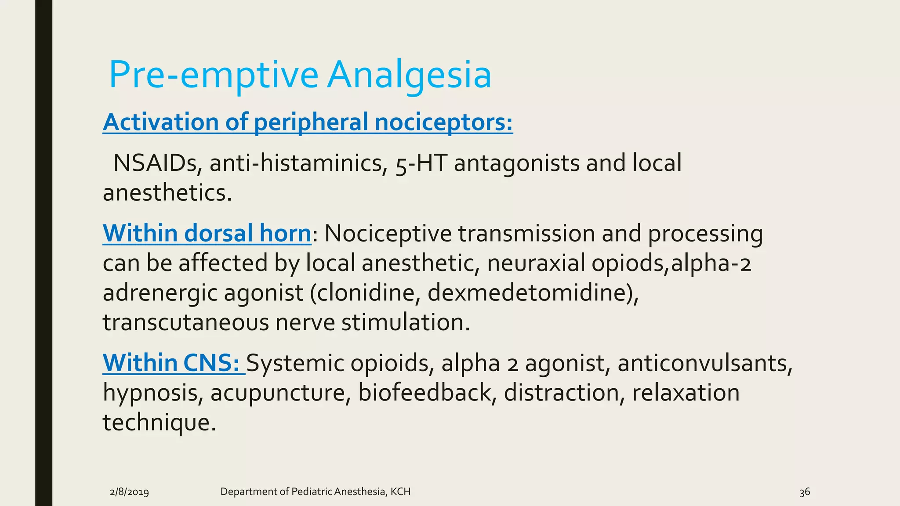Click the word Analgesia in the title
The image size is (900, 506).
[x=409, y=75]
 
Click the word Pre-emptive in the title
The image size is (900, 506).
[x=213, y=75]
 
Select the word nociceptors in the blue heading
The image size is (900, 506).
[x=444, y=122]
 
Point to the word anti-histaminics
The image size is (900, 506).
[x=298, y=163]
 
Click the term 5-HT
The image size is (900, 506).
[x=421, y=163]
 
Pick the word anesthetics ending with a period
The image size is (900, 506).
[x=167, y=193]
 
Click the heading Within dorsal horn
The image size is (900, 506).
[x=207, y=233]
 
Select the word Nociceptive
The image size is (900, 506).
[x=388, y=233]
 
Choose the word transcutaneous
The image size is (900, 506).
[x=185, y=322]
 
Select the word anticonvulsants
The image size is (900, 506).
[x=704, y=363]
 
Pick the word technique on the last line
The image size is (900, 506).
[x=159, y=423]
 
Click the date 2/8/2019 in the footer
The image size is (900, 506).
[x=129, y=492]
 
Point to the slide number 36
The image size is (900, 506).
[x=804, y=492]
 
